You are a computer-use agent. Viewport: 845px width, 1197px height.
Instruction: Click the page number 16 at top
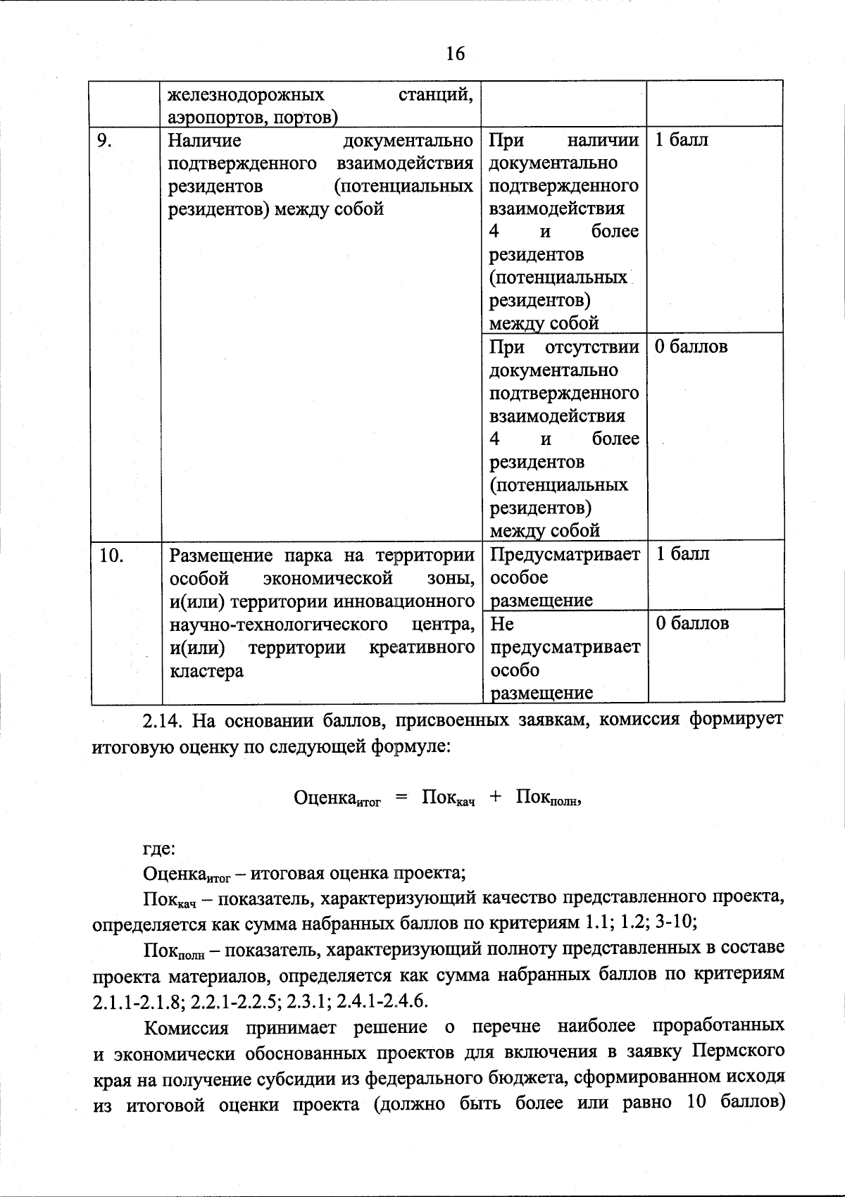[455, 53]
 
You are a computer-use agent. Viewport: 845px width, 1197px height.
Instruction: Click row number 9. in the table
[106, 141]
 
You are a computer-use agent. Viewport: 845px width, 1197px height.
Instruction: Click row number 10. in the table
[111, 556]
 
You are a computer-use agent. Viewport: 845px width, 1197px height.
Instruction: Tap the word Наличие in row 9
[204, 141]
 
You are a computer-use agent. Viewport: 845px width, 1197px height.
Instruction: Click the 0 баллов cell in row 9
[691, 346]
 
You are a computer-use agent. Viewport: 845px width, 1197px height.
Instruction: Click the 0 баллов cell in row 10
[692, 623]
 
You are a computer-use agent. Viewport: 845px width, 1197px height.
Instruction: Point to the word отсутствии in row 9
[592, 347]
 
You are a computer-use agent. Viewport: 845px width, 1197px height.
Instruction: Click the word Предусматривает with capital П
[565, 555]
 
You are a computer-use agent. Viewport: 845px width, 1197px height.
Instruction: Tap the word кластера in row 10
[206, 670]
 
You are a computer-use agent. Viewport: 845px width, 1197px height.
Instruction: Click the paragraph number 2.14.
[163, 721]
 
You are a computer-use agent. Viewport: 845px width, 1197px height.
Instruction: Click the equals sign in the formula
[401, 796]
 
